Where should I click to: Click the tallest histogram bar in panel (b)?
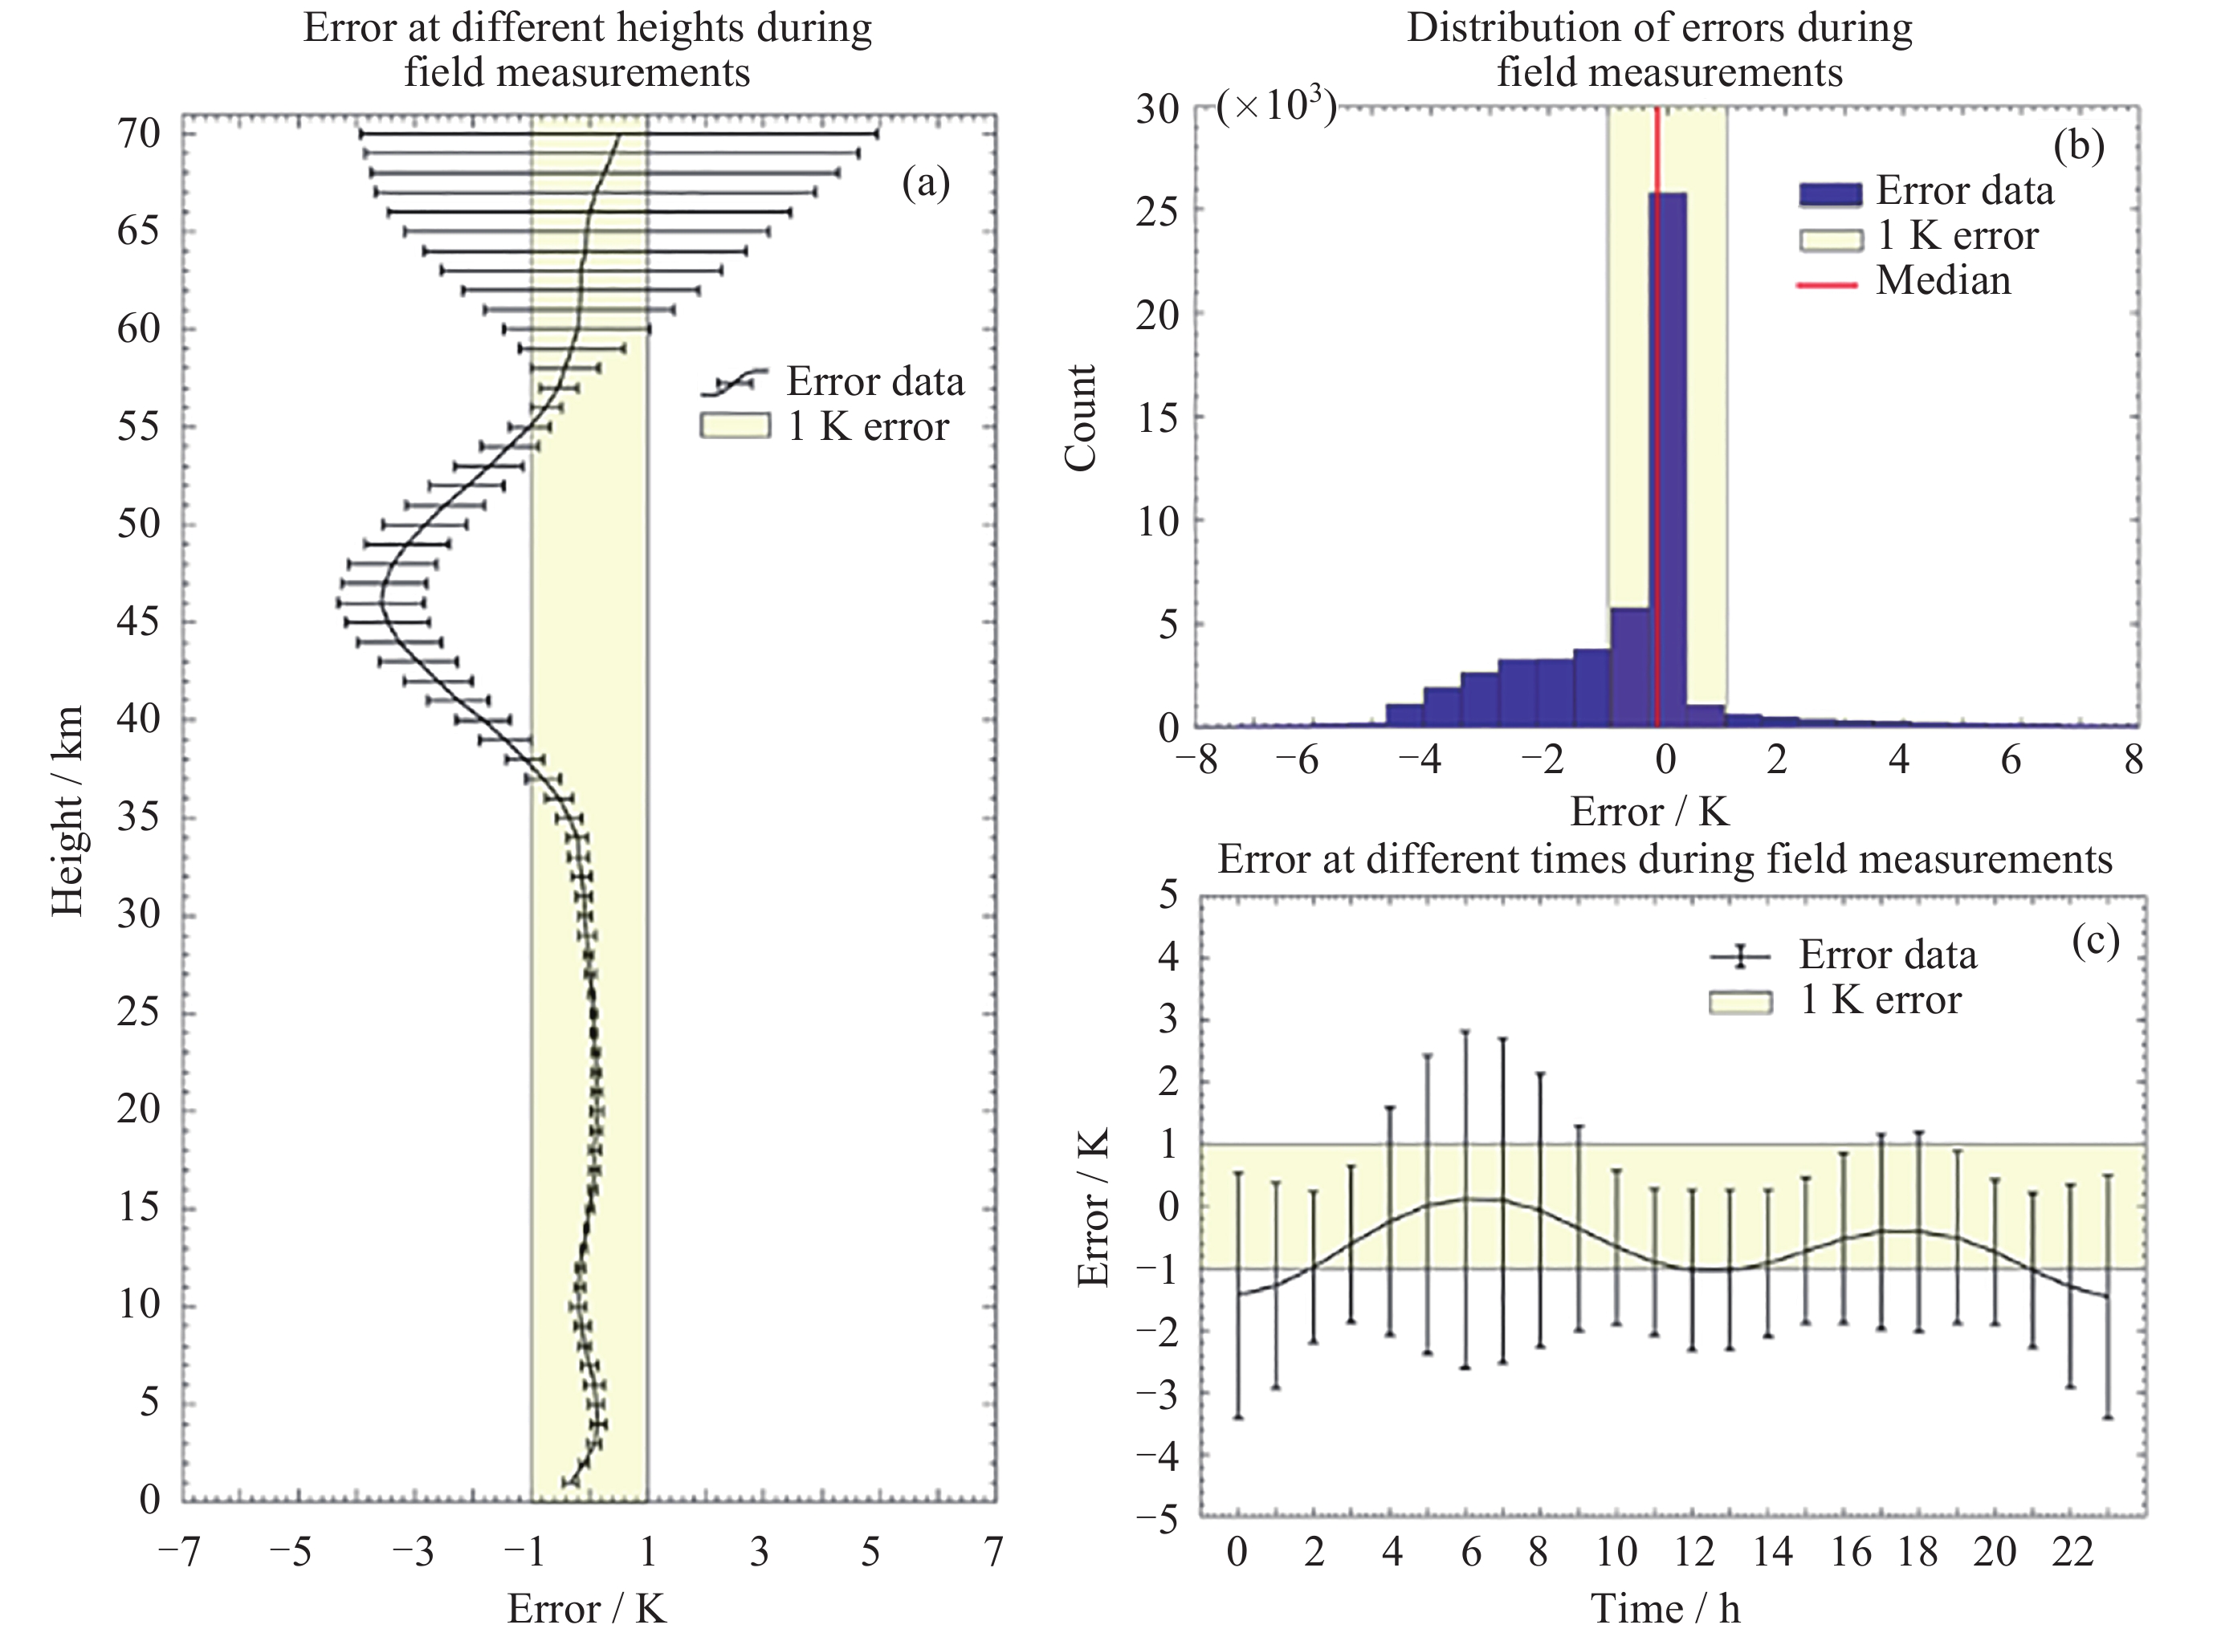1668,456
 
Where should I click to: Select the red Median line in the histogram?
1656,416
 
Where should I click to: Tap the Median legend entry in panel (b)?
1942,282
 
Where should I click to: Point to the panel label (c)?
2095,942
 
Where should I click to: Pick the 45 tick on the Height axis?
138,623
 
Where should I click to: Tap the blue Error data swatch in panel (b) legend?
1829,192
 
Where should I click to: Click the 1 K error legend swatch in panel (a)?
735,427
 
